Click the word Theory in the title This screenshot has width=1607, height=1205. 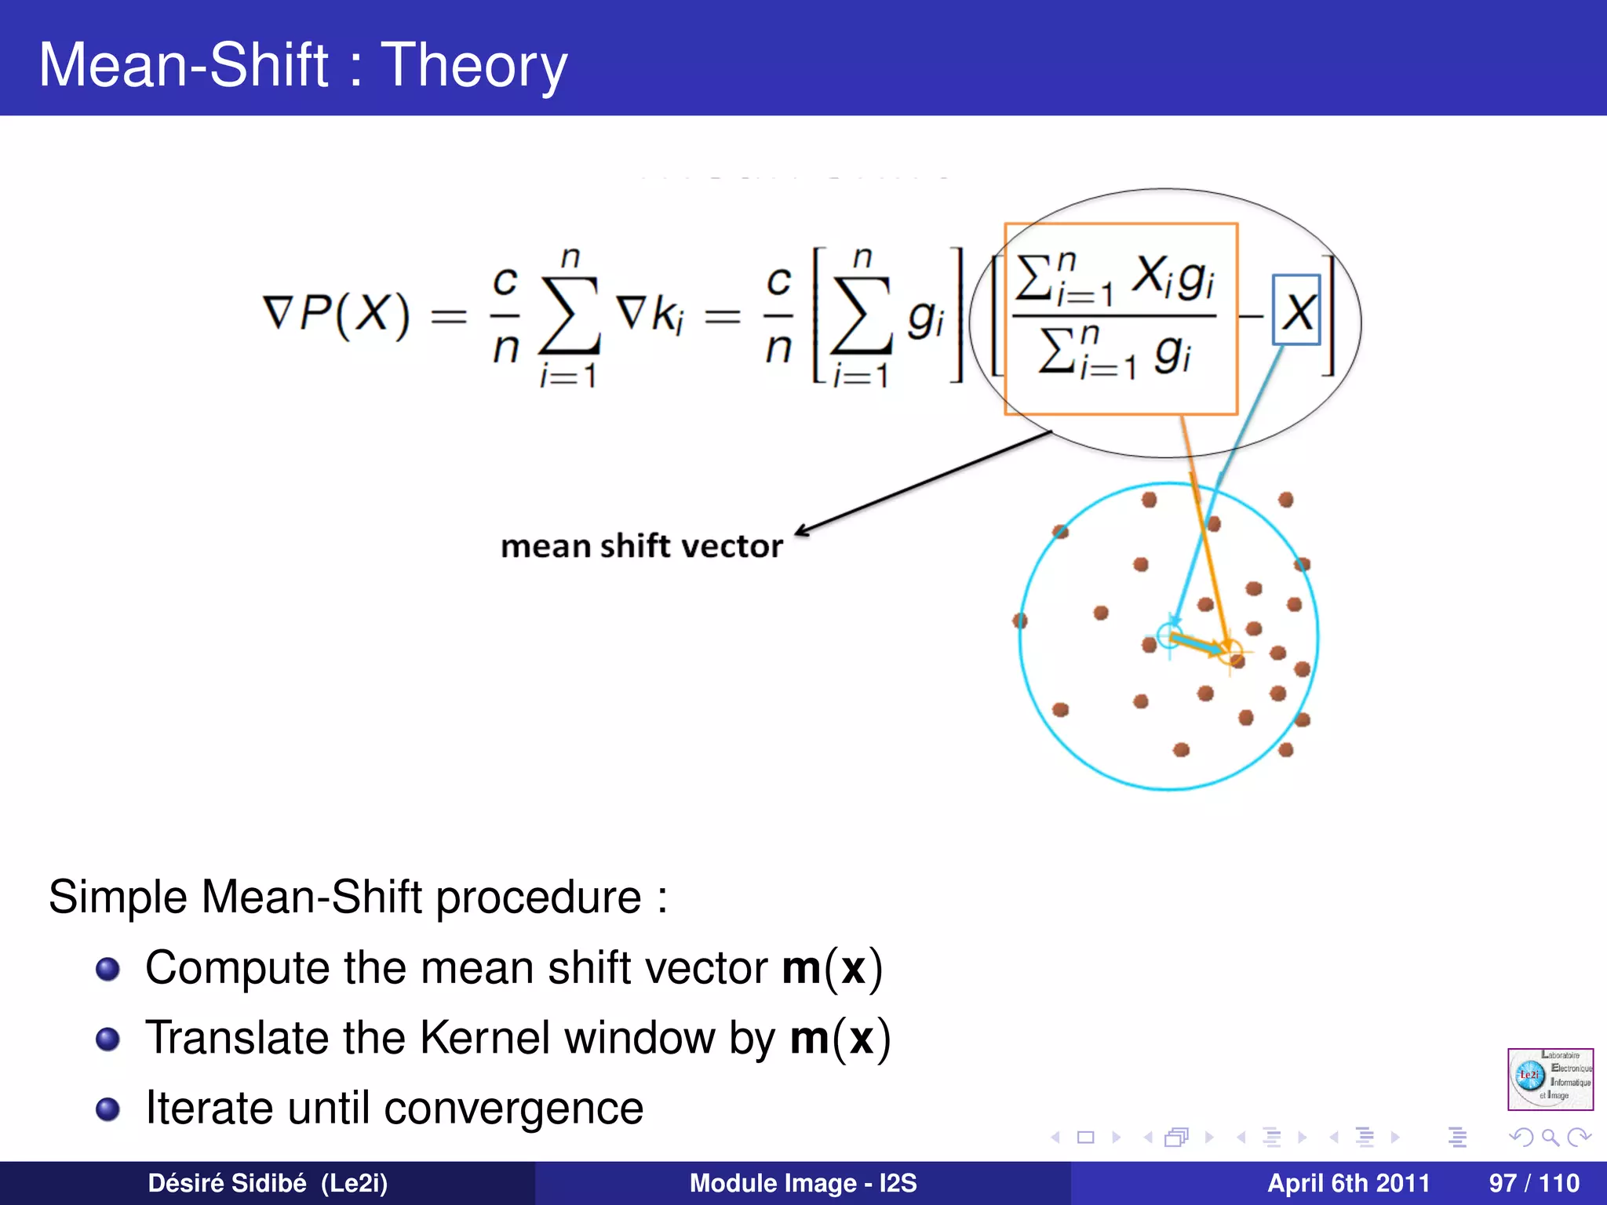click(473, 66)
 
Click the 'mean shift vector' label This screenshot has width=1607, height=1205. click(641, 546)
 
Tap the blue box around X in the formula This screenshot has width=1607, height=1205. click(1295, 311)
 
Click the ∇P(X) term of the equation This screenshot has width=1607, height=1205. click(336, 315)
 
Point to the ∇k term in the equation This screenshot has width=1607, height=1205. click(650, 315)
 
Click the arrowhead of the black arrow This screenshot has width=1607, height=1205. click(801, 531)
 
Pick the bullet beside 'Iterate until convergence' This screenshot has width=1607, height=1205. click(107, 1109)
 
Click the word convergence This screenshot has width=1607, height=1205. click(513, 1109)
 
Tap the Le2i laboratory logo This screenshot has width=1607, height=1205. click(1550, 1079)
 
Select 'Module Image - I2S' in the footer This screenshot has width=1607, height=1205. click(803, 1183)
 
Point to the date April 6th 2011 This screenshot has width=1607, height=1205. click(1348, 1183)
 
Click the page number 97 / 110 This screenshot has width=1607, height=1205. click(1533, 1183)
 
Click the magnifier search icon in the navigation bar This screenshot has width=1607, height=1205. click(1550, 1137)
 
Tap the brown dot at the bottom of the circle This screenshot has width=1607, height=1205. click(1181, 750)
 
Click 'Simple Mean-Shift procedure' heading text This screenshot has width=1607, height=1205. click(345, 897)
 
